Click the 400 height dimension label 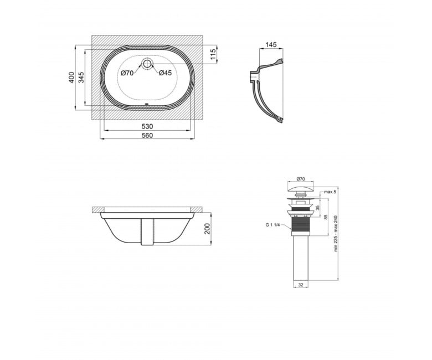coord(71,78)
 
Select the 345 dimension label coord(81,78)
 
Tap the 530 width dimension coord(147,126)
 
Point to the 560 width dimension coord(147,136)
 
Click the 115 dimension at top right coord(213,54)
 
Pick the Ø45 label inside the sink coord(165,73)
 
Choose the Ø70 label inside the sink coord(127,73)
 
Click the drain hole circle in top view coord(147,64)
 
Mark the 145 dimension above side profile coord(271,45)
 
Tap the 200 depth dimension coord(207,229)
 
